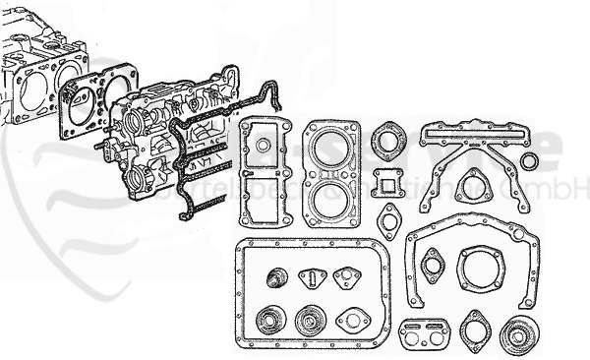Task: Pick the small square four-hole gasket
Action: click(388, 184)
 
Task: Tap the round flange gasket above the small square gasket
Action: click(388, 139)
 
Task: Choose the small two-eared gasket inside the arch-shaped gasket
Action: click(432, 266)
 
